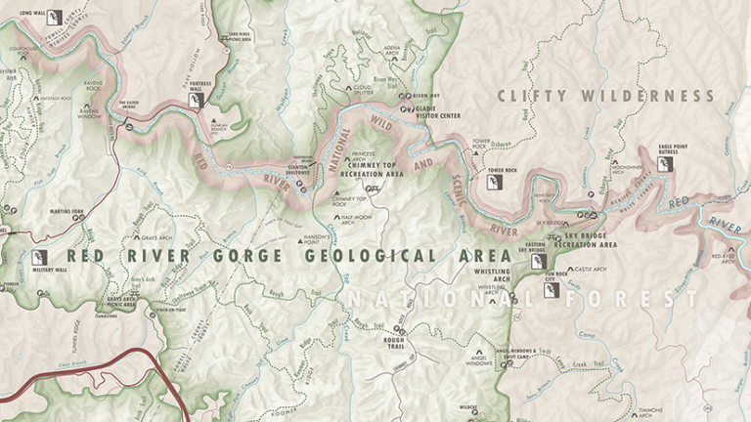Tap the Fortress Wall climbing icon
[197, 99]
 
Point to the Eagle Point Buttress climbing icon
[664, 164]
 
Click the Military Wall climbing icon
[40, 258]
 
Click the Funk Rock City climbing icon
[551, 290]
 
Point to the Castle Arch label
[592, 269]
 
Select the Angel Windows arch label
[478, 364]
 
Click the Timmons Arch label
[650, 413]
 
